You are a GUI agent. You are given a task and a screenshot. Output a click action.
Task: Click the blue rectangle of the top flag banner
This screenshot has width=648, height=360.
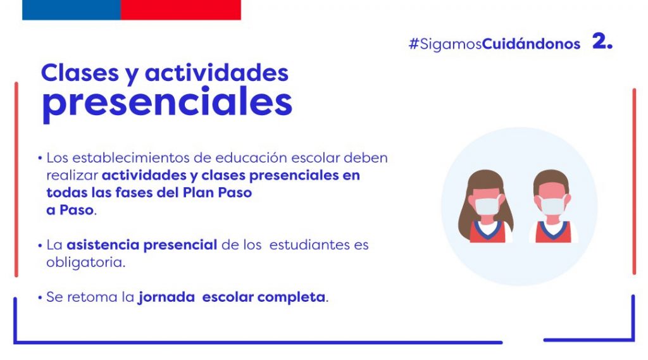[72, 9]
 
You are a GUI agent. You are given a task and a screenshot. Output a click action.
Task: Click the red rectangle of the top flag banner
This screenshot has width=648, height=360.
[180, 9]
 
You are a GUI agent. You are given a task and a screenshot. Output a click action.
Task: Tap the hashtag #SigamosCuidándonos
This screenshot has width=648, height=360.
[494, 44]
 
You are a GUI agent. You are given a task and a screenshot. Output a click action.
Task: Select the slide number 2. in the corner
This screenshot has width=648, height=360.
[602, 41]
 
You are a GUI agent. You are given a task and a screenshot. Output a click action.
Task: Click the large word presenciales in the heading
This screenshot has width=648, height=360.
[167, 102]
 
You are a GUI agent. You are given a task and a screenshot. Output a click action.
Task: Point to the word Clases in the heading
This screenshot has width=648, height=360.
[80, 73]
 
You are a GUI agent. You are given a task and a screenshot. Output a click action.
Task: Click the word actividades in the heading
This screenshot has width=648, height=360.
[216, 73]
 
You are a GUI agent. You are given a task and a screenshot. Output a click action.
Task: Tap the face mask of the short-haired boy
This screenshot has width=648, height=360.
[552, 206]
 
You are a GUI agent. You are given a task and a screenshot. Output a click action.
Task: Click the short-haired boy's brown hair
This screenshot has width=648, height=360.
[552, 181]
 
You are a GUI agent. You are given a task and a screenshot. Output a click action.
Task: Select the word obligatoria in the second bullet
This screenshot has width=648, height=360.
[85, 263]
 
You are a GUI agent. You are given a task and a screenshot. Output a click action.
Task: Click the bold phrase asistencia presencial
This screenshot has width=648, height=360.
[142, 245]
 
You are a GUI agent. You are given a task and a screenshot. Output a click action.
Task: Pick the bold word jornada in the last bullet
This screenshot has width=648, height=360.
[166, 297]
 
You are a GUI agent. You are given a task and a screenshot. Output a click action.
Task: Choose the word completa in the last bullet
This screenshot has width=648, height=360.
[291, 297]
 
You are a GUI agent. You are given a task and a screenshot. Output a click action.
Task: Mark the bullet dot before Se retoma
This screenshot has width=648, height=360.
[40, 297]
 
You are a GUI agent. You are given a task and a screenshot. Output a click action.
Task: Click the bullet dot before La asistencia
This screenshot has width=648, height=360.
[40, 245]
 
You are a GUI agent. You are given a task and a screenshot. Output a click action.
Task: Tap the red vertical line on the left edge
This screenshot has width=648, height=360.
[16, 180]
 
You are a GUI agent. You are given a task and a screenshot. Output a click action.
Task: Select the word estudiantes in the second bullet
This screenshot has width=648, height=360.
[319, 245]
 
